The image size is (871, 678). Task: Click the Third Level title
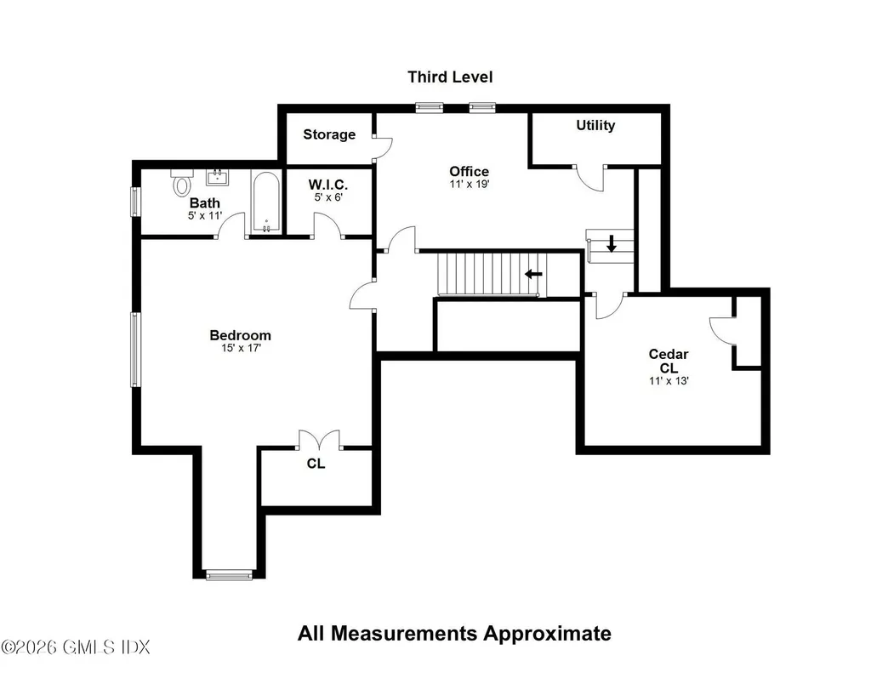450,77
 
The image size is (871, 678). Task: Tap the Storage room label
329,134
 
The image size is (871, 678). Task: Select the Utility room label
595,126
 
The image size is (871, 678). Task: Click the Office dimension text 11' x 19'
470,184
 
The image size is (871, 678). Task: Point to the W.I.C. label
328,185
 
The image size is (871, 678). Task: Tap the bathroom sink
217,177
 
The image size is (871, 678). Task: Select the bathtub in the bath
266,202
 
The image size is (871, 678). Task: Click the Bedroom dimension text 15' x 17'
241,349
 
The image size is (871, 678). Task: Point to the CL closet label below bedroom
316,464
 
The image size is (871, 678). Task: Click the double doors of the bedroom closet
320,439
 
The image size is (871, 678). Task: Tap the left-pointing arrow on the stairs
534,273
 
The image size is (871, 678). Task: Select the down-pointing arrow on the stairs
611,242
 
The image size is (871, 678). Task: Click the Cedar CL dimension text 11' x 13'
669,380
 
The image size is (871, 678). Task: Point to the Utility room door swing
590,179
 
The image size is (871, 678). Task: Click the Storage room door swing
384,145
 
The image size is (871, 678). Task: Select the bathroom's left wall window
134,201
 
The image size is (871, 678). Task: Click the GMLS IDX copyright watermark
76,647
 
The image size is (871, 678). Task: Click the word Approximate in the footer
547,634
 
